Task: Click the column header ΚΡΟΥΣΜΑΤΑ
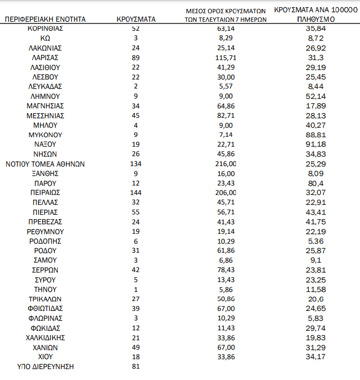136,19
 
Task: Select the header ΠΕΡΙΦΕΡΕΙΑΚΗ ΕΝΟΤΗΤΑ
45,19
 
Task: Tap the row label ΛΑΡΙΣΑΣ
45,57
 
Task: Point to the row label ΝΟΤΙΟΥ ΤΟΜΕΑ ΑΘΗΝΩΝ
45,164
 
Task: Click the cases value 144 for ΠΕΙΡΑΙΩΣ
136,193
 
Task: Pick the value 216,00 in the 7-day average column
225,164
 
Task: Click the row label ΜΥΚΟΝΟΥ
45,135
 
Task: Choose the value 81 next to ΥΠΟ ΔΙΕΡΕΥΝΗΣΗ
136,366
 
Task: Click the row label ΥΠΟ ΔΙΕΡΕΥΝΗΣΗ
45,366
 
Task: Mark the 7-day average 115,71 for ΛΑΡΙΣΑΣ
225,57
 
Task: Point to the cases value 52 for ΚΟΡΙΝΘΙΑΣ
136,28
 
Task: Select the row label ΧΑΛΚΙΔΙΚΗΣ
45,337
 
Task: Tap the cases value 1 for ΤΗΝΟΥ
136,289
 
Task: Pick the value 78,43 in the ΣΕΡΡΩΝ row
225,270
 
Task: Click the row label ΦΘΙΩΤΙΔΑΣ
45,309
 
